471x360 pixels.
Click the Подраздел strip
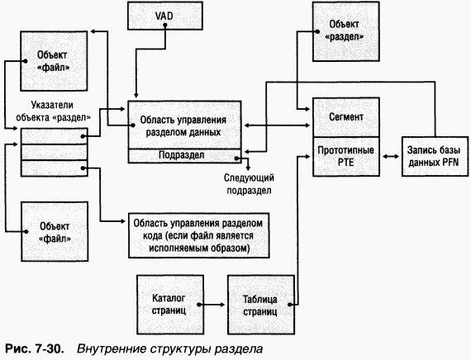(x=183, y=155)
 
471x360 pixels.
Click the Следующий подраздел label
(x=250, y=182)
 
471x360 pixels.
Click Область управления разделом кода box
(x=201, y=235)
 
